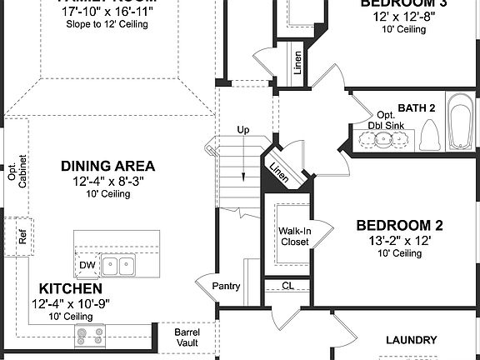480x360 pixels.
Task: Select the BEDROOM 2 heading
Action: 399,225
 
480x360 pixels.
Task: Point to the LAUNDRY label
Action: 412,340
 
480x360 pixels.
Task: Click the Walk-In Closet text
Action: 293,236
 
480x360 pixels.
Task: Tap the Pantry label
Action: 226,286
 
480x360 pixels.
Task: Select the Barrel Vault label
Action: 186,337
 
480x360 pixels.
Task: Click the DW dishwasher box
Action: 87,265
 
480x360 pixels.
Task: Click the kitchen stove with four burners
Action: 90,336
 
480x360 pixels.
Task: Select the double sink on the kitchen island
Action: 119,266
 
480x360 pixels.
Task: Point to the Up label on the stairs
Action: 243,131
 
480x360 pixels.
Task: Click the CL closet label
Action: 288,286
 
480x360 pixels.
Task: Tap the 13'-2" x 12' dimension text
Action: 399,240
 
